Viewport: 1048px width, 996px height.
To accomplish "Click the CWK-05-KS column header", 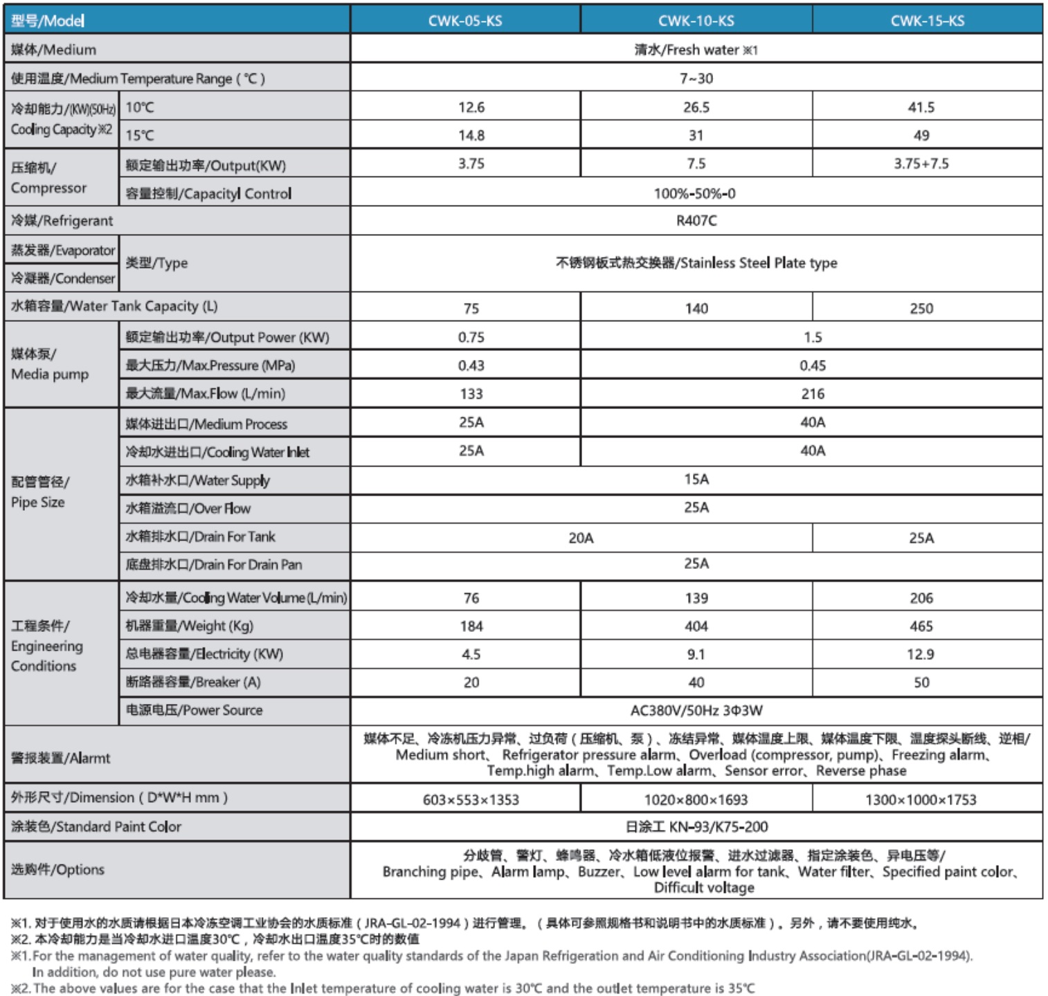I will pyautogui.click(x=465, y=21).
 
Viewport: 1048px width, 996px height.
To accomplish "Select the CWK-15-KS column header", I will pyautogui.click(x=927, y=21).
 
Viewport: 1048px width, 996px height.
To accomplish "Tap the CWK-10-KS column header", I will pyautogui.click(x=696, y=21).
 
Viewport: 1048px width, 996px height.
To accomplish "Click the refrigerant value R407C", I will pyautogui.click(x=696, y=221).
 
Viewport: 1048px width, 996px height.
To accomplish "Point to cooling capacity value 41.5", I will pyautogui.click(x=921, y=107).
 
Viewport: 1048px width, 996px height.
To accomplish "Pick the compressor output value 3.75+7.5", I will pyautogui.click(x=921, y=164).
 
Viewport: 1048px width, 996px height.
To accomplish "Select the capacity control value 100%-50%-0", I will pyautogui.click(x=694, y=194).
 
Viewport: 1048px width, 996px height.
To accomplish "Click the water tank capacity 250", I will pyautogui.click(x=921, y=309).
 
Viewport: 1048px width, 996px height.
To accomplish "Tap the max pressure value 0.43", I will pyautogui.click(x=471, y=365).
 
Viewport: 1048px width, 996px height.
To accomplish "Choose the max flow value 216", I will pyautogui.click(x=812, y=394).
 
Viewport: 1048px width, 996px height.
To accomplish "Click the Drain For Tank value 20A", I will pyautogui.click(x=581, y=538).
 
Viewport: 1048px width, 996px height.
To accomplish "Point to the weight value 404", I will pyautogui.click(x=696, y=626).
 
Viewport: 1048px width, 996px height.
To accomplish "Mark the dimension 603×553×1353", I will pyautogui.click(x=471, y=799).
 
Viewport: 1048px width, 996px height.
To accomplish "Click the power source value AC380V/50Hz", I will pyautogui.click(x=696, y=710).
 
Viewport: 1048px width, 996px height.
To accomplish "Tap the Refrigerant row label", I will pyautogui.click(x=62, y=221).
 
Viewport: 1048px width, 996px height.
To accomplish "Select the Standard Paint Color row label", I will pyautogui.click(x=96, y=826).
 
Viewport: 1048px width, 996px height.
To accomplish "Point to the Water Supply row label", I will pyautogui.click(x=197, y=480).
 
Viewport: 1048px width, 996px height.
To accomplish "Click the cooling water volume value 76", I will pyautogui.click(x=471, y=598).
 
